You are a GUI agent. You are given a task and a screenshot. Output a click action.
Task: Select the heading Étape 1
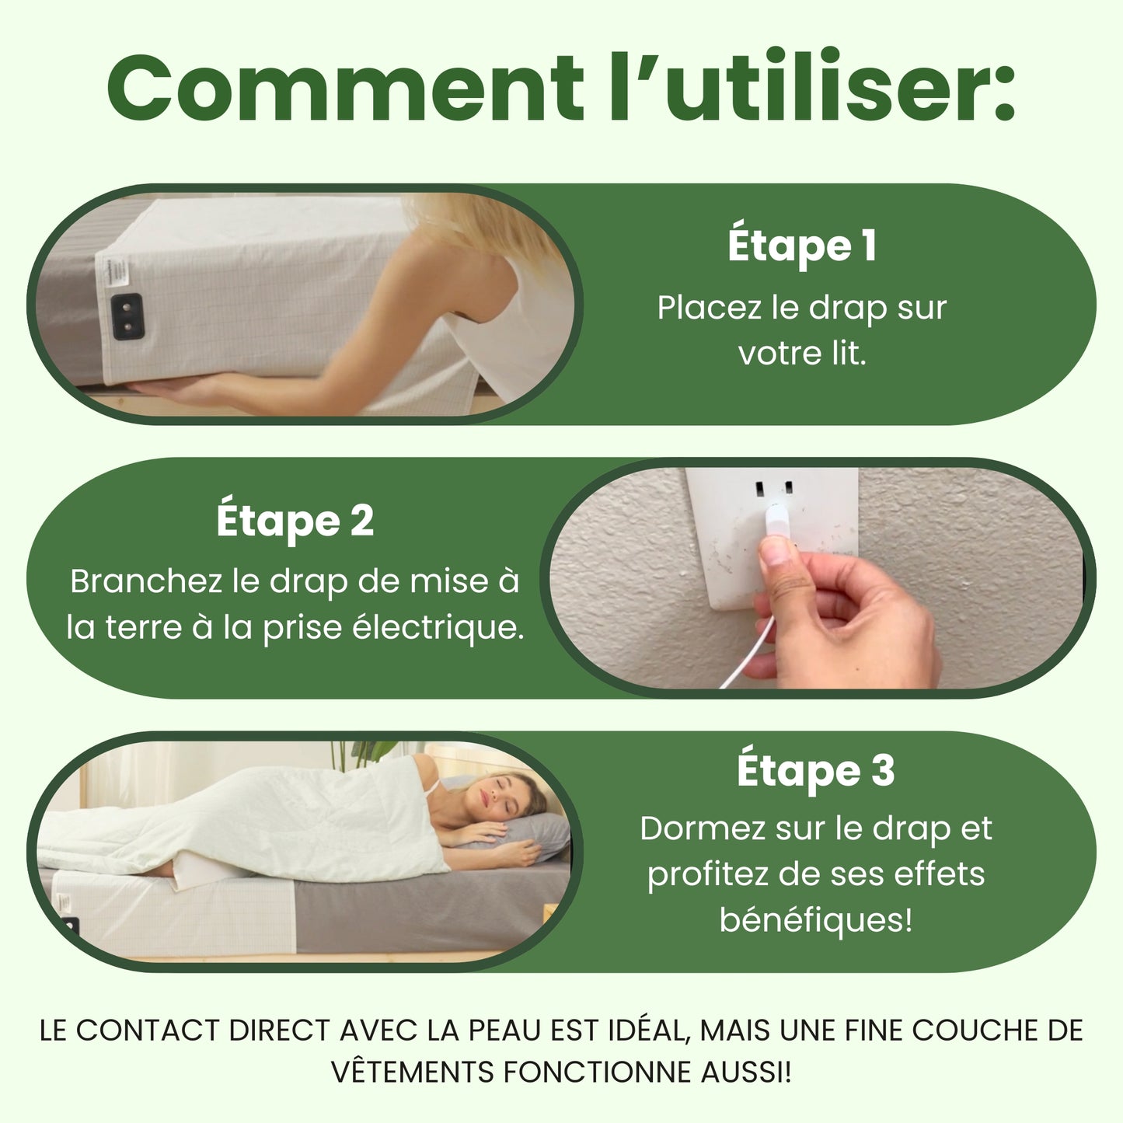pyautogui.click(x=802, y=246)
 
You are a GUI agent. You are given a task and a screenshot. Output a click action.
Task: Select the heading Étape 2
pyautogui.click(x=295, y=521)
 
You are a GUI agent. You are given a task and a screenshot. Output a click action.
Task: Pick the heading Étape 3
pyautogui.click(x=815, y=771)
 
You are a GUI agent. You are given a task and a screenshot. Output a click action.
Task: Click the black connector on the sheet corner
pyautogui.click(x=128, y=316)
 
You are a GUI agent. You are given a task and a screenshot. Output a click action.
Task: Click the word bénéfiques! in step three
pyautogui.click(x=815, y=920)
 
